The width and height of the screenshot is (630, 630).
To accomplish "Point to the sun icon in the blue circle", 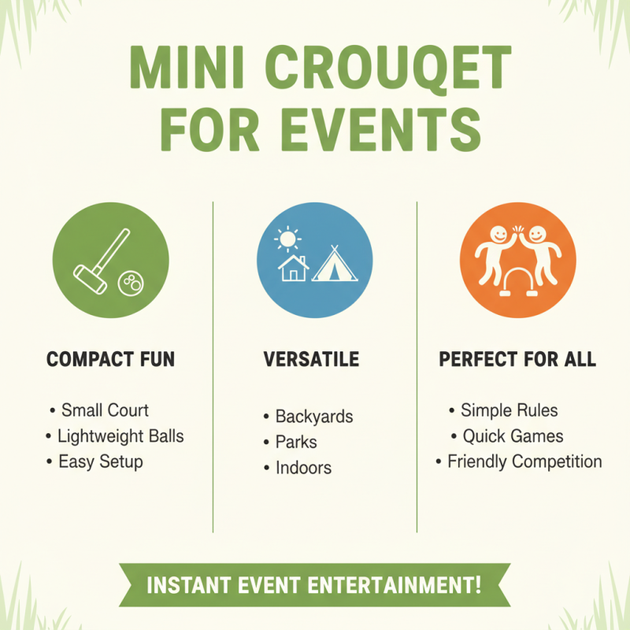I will coord(287,237).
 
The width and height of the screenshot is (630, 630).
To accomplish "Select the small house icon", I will coord(294,267).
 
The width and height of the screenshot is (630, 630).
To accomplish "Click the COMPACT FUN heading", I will coord(111,360).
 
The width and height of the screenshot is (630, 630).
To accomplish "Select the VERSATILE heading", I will coord(311,360).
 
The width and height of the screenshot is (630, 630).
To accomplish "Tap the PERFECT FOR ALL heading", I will coord(517,360).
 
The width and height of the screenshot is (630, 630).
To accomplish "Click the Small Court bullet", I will coord(105,409).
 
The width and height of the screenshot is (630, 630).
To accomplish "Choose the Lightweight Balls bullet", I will coord(120,435).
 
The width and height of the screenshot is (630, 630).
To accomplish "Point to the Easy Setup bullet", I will coord(101,461).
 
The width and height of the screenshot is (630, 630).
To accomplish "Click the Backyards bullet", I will coord(313,416).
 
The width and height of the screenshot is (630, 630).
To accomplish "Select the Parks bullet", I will coord(296,442).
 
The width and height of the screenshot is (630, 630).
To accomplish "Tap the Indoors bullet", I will coord(303,468).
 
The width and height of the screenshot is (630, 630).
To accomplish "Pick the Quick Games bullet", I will coord(513,435).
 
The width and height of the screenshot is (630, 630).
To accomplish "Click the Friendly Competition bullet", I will coord(524,461).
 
